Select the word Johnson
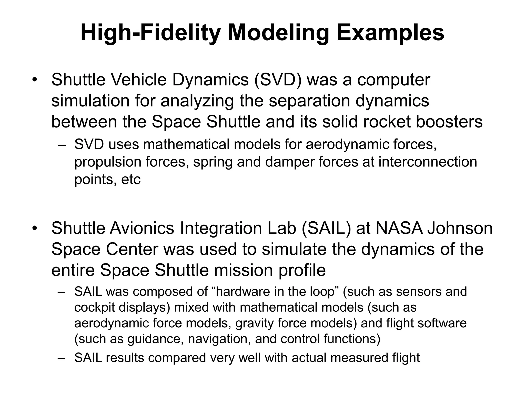[460, 228]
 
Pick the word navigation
[219, 339]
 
